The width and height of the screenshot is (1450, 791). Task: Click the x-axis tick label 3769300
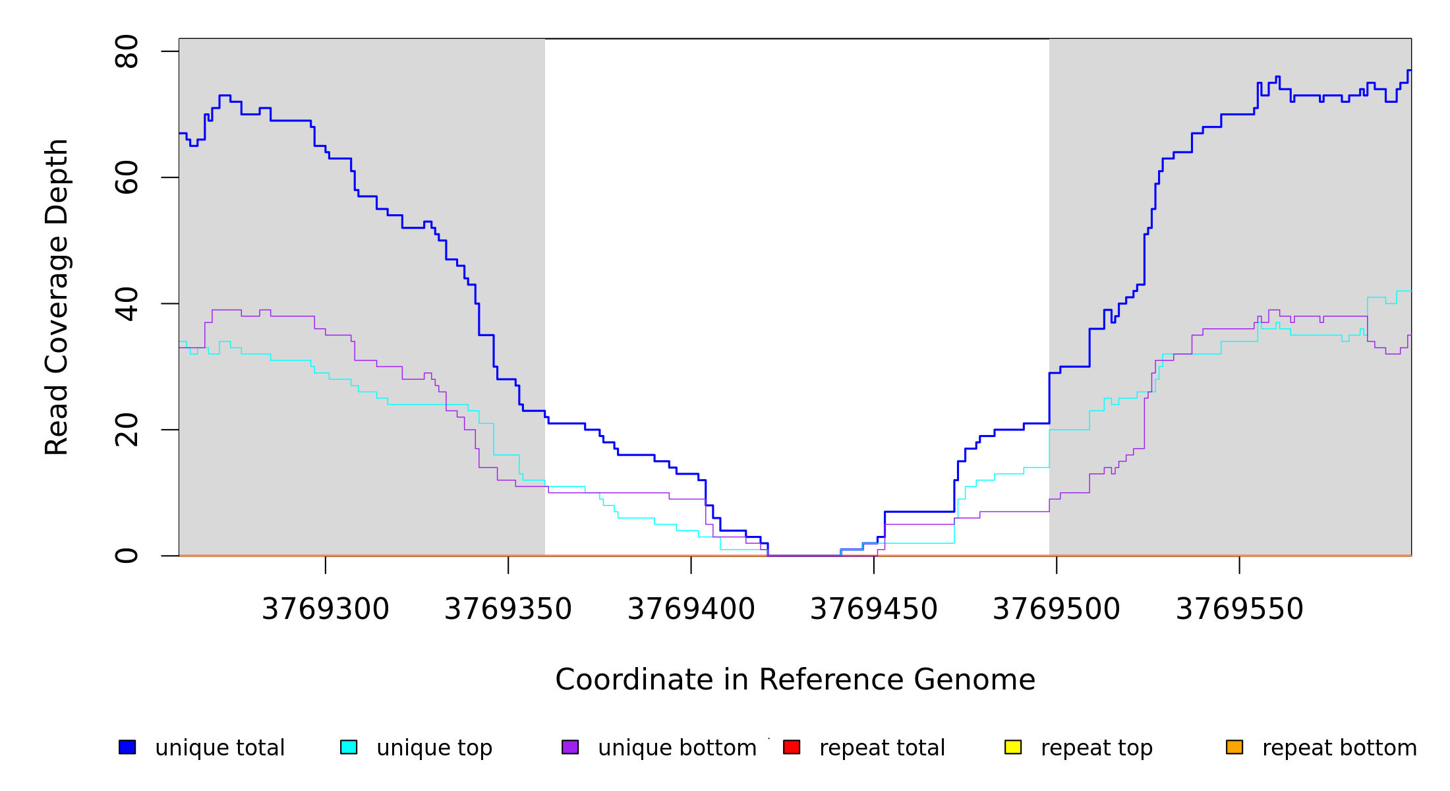[326, 609]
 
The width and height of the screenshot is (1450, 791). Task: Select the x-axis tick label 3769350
[508, 609]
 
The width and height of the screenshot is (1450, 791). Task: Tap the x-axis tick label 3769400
[691, 609]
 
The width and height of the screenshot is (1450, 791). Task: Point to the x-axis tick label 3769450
[874, 609]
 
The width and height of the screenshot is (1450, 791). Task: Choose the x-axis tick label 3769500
[1057, 609]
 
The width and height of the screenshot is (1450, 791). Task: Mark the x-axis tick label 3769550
[1240, 609]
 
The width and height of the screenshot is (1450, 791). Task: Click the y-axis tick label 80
[127, 51]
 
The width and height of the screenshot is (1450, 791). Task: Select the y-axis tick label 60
[127, 177]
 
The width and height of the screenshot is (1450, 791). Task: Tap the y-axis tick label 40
[127, 304]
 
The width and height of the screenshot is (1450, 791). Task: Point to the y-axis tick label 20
[127, 430]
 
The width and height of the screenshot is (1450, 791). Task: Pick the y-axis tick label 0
[127, 556]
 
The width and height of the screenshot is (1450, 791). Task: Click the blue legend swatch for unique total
[127, 747]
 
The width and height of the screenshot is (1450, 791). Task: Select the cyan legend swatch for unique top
[349, 747]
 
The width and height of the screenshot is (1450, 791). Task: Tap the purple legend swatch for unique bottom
[570, 747]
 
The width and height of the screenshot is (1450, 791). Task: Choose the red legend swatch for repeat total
[792, 747]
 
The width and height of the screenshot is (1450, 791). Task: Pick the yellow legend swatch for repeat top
[1013, 747]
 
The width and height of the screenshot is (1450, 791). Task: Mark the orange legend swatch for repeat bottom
[1234, 747]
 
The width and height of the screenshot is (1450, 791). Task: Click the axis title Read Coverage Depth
[57, 297]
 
